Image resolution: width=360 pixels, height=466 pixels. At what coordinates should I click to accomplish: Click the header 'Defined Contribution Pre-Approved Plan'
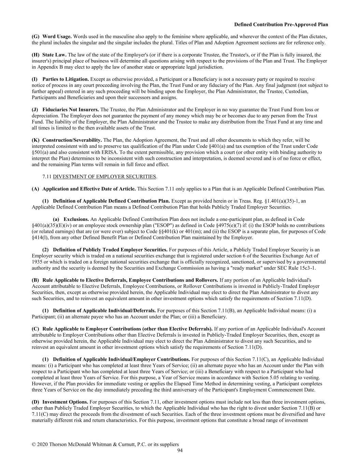[x=281, y=25]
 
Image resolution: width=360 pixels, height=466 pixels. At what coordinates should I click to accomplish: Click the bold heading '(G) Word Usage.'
[x=52, y=37]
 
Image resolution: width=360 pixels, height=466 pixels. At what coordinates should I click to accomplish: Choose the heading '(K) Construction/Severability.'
[x=67, y=140]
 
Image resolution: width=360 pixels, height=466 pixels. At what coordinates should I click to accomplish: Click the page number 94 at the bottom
[x=180, y=451]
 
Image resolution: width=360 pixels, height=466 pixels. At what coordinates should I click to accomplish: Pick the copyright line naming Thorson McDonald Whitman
[x=105, y=444]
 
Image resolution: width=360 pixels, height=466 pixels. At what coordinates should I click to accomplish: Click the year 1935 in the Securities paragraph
[x=37, y=262]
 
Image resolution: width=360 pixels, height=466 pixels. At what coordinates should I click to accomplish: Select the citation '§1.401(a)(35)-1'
[x=281, y=201]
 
